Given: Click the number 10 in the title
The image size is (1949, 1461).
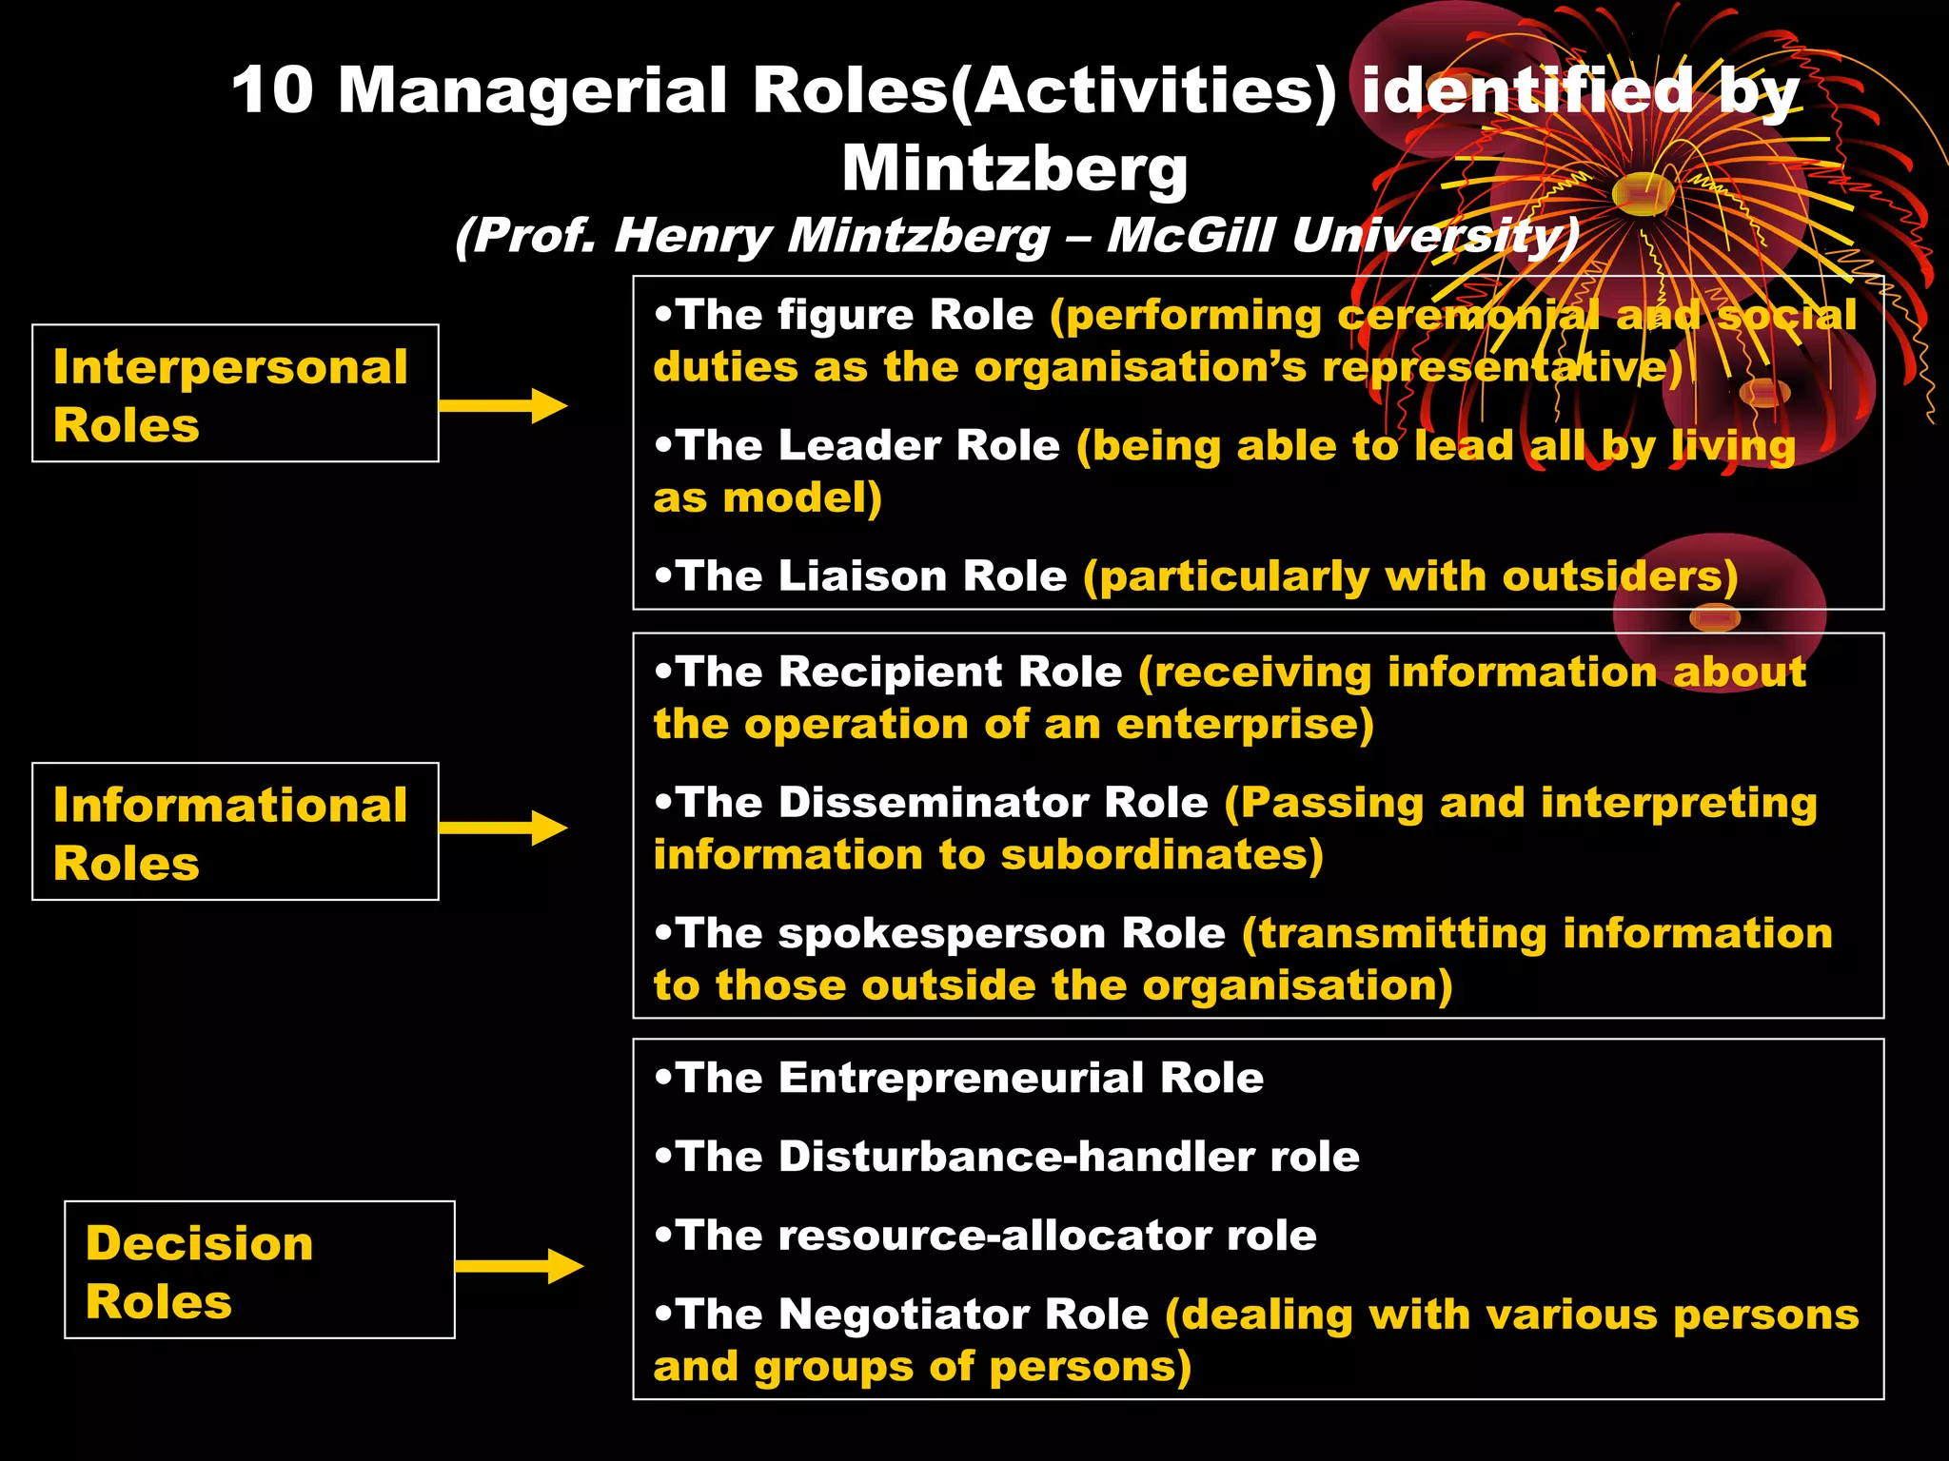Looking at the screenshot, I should [272, 91].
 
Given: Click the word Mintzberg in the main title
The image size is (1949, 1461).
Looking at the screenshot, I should [1014, 169].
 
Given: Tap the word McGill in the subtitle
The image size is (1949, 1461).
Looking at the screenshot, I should [1190, 236].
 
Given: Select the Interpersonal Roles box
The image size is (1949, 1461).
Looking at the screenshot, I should [235, 394].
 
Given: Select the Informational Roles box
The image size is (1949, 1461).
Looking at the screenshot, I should [235, 832].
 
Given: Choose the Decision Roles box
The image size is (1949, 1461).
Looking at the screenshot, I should [259, 1270].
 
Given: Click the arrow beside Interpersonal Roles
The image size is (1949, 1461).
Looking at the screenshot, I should [503, 406].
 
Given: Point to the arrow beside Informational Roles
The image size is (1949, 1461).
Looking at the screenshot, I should [503, 828].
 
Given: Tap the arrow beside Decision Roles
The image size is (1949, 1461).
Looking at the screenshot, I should [520, 1266].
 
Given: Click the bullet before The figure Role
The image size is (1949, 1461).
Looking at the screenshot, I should [663, 314].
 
